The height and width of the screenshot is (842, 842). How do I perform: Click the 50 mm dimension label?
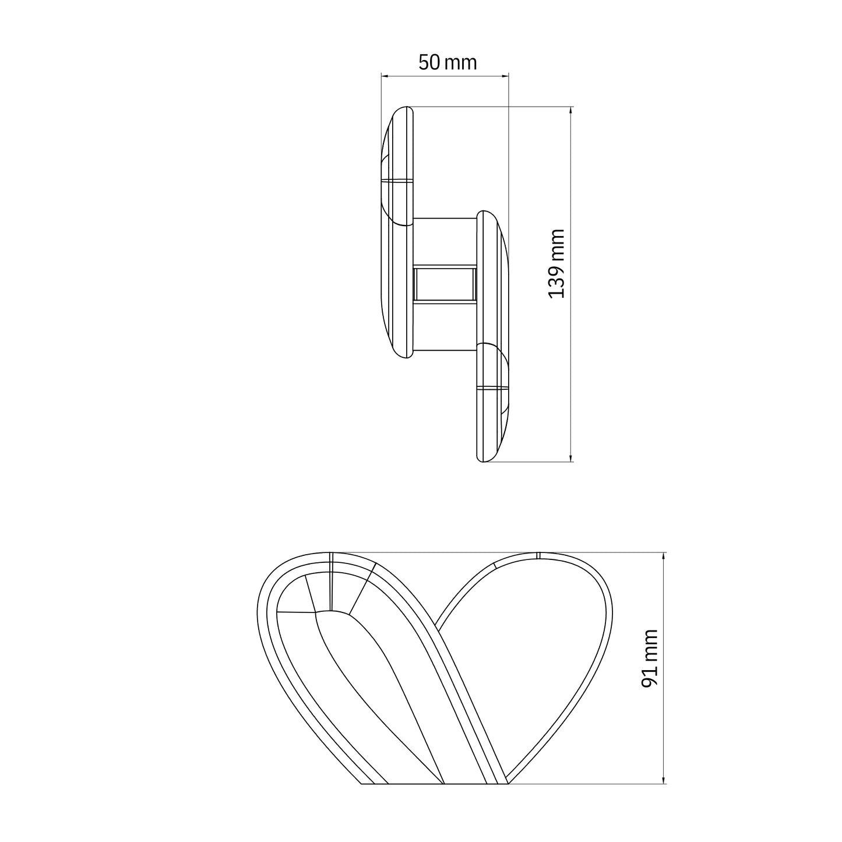tap(448, 62)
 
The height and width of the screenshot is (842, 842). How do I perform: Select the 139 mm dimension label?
tap(556, 264)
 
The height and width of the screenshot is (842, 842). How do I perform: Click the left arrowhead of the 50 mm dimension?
tap(385, 76)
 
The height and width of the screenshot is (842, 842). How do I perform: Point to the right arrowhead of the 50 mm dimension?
tap(505, 76)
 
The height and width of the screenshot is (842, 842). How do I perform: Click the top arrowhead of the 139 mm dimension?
tap(571, 110)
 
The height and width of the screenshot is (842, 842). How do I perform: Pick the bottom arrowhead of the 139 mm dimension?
tap(571, 457)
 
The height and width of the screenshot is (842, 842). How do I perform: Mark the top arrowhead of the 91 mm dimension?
tap(664, 556)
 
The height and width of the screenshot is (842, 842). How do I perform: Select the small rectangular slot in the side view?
tap(445, 284)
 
